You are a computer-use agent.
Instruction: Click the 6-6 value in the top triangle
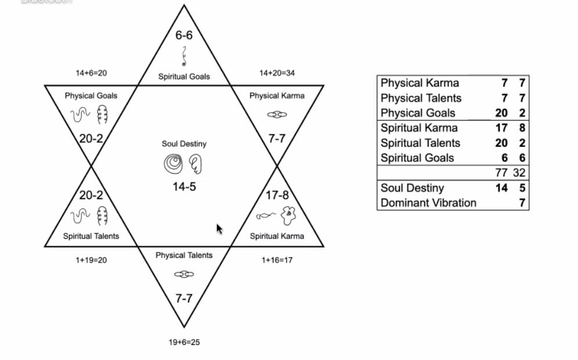pos(184,35)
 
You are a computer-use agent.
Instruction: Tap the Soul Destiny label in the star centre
pos(184,144)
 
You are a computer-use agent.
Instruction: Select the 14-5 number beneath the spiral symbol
pos(185,186)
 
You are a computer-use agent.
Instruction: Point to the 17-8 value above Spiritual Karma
pos(277,195)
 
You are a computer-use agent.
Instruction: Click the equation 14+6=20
pos(91,73)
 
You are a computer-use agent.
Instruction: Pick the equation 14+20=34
pos(277,73)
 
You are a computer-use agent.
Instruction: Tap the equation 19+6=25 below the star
pos(185,343)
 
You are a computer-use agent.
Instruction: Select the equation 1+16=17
pos(277,260)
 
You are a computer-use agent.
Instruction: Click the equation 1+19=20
pos(91,260)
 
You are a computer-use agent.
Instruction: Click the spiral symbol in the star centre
pos(174,164)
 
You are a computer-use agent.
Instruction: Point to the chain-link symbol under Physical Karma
pos(277,115)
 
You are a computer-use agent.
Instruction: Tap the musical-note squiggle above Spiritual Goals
pos(184,56)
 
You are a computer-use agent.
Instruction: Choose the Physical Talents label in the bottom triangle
pos(184,255)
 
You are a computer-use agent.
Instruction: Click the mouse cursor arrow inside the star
pos(219,229)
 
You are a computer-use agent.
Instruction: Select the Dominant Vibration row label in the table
pos(428,203)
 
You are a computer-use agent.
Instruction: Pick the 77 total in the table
pos(501,172)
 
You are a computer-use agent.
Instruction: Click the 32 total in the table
pos(519,172)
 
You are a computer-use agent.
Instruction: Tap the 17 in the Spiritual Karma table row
pos(501,128)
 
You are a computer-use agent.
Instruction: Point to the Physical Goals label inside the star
pos(91,96)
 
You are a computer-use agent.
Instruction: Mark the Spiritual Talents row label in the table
pos(420,143)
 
